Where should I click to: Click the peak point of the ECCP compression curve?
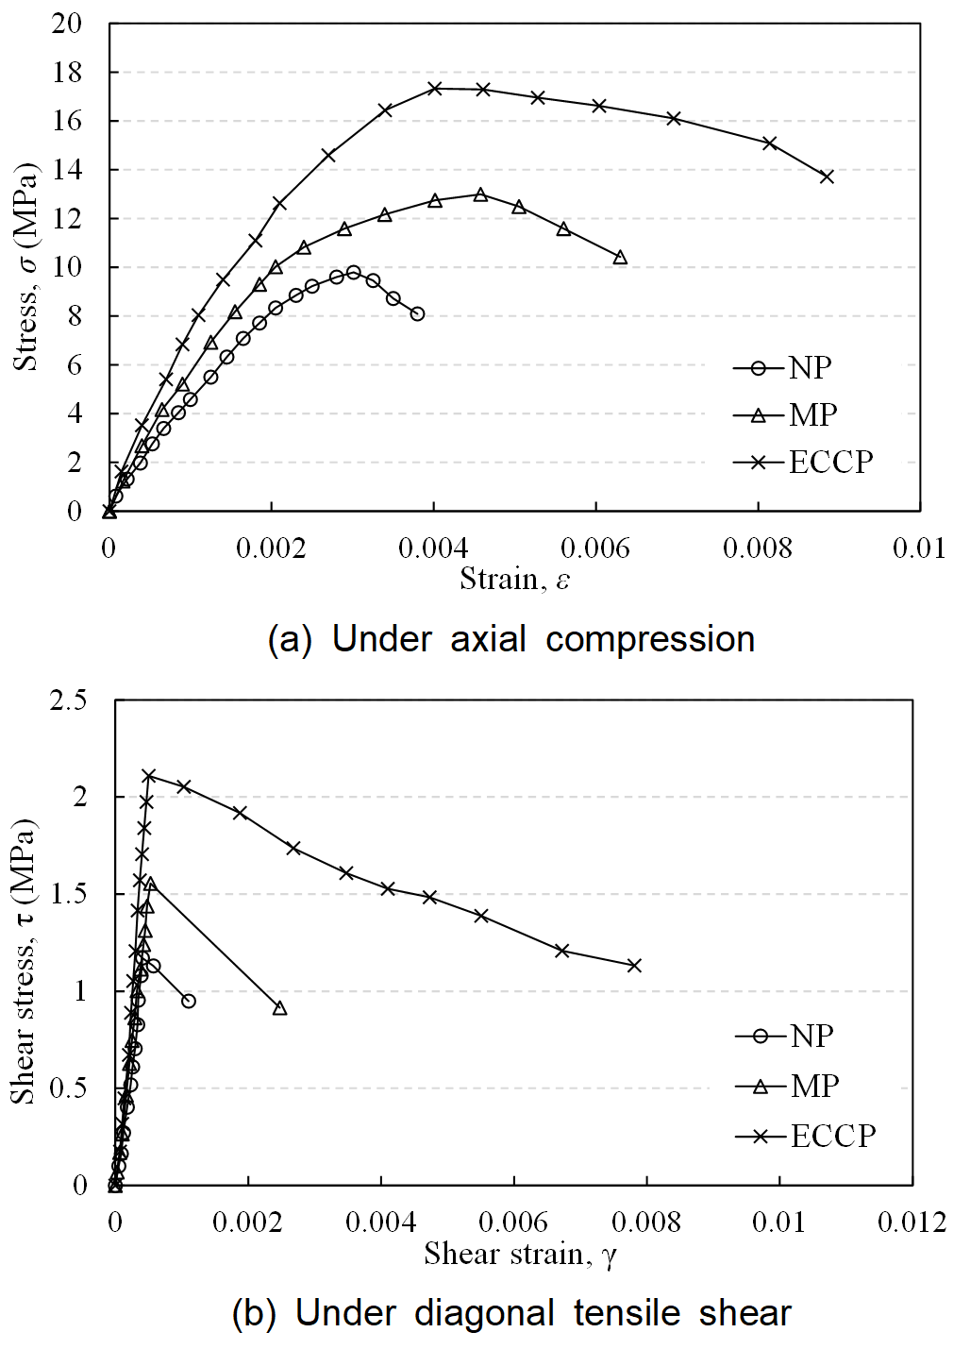point(434,88)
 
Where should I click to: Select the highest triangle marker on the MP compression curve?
point(480,194)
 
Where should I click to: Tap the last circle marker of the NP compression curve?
point(417,313)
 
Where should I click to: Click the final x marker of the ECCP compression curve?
point(827,177)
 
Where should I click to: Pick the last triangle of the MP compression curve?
point(620,258)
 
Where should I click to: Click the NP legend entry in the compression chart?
point(784,367)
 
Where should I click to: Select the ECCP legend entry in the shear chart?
point(806,1135)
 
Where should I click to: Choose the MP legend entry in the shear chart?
point(788,1086)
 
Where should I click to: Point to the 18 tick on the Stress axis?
point(67,73)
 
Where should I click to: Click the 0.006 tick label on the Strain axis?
point(595,548)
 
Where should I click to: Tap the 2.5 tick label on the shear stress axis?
point(68,700)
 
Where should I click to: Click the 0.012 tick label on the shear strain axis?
point(911,1223)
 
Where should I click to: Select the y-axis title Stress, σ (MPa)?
point(26,267)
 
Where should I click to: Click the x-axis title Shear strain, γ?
point(520,1254)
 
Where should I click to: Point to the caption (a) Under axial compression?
point(511,639)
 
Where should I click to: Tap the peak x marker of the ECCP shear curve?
point(149,776)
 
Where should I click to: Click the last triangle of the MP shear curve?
point(279,1008)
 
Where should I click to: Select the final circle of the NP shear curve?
point(189,1001)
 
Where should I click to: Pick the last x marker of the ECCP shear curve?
point(634,965)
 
